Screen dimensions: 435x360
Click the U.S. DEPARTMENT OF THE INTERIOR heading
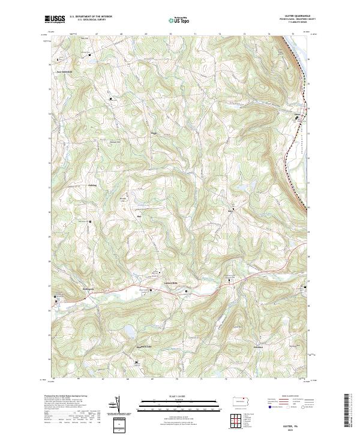click(91, 17)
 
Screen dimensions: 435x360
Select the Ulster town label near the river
click(296, 112)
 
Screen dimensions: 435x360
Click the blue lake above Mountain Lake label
click(128, 329)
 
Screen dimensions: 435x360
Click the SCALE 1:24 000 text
click(179, 396)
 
